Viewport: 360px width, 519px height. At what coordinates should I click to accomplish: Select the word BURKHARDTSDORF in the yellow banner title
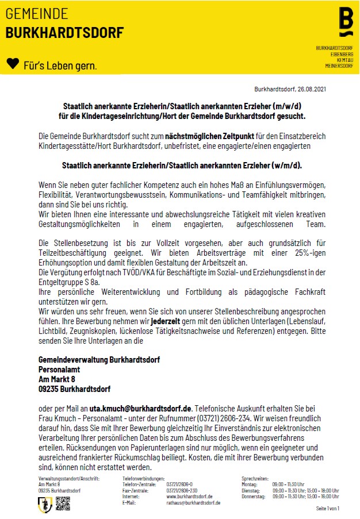coord(64,33)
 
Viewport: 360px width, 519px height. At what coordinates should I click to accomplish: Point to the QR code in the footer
coord(63,504)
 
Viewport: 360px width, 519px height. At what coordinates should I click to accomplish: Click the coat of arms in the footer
coord(45,504)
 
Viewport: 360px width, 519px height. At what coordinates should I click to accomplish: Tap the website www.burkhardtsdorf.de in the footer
coord(190,496)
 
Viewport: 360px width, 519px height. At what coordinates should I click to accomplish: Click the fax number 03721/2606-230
coord(182,490)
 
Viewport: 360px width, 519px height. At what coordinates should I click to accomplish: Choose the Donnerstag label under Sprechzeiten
coord(254,496)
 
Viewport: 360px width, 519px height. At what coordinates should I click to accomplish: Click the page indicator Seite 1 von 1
coord(328,509)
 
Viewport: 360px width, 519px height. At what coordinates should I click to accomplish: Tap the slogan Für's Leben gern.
coord(60,66)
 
